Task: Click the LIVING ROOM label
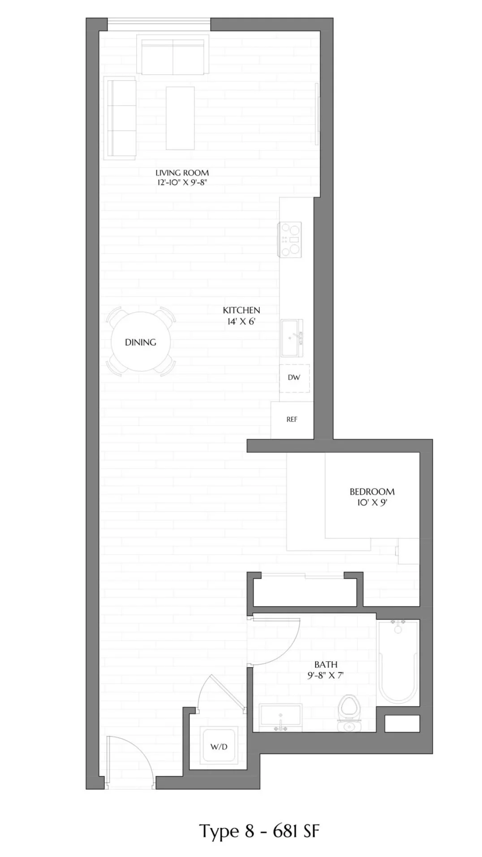[x=182, y=172]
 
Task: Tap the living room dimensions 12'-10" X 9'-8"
[x=182, y=182]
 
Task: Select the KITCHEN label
[x=241, y=310]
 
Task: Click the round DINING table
[x=141, y=342]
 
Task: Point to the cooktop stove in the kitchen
[x=290, y=240]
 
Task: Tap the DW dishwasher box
[x=294, y=377]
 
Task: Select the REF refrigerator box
[x=292, y=419]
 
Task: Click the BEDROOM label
[x=372, y=491]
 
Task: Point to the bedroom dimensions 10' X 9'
[x=372, y=502]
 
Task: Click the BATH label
[x=326, y=664]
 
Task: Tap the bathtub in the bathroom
[x=398, y=661]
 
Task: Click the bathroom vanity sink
[x=280, y=717]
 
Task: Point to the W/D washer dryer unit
[x=219, y=746]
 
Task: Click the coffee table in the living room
[x=180, y=118]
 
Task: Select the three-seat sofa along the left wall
[x=120, y=118]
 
